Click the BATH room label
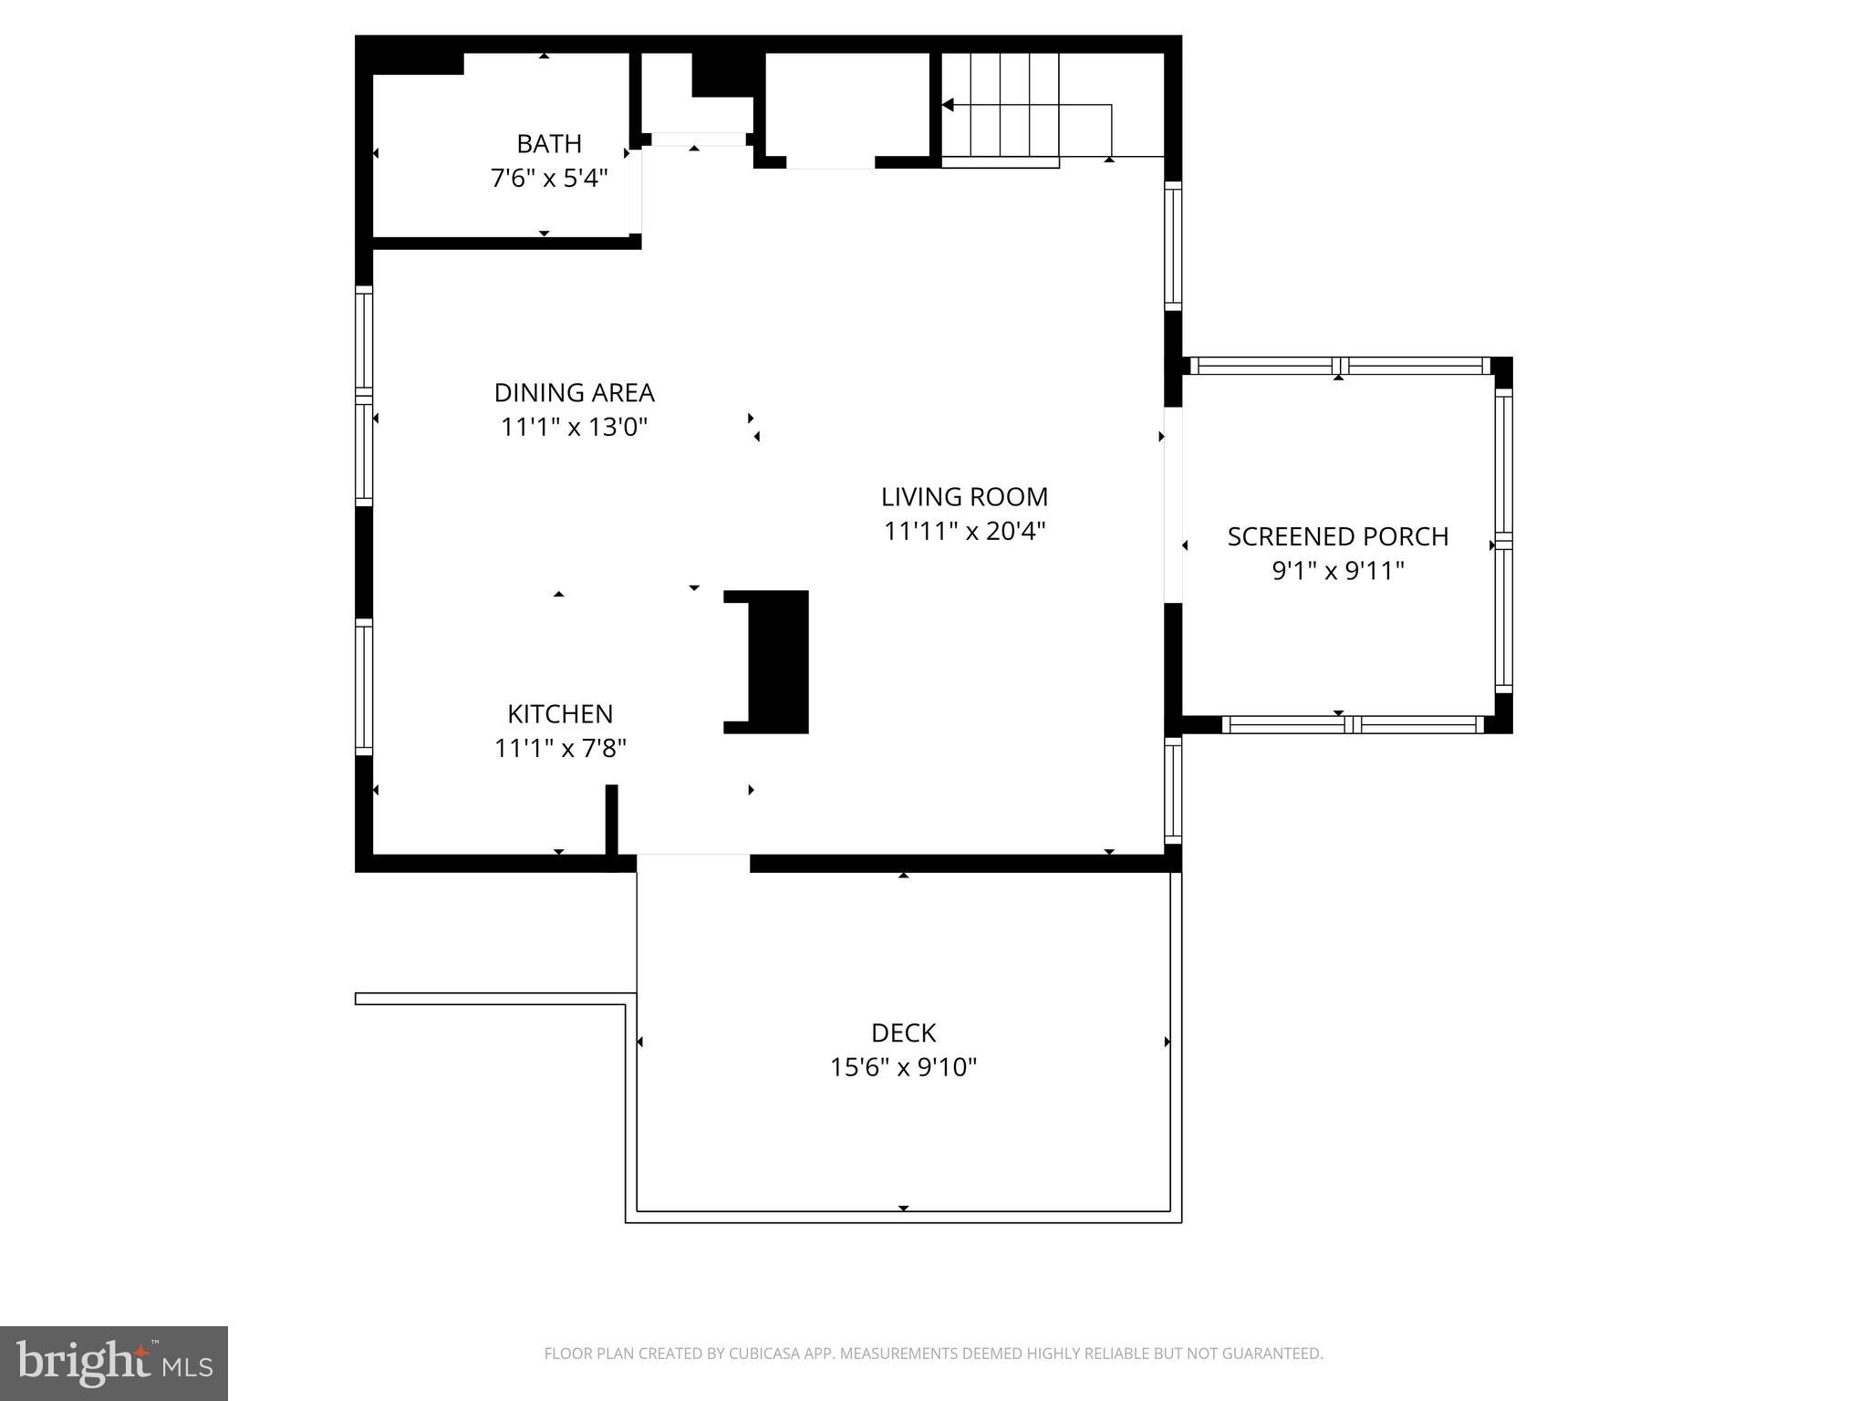pyautogui.click(x=548, y=144)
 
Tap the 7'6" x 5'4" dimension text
pyautogui.click(x=548, y=178)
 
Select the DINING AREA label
pyautogui.click(x=574, y=393)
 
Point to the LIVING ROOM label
pyautogui.click(x=964, y=497)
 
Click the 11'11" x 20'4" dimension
pyautogui.click(x=964, y=531)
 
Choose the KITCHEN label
pyautogui.click(x=560, y=714)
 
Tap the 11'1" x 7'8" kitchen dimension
pyautogui.click(x=560, y=749)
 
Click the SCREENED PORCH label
pyautogui.click(x=1337, y=537)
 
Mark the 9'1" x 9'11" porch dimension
pyautogui.click(x=1337, y=571)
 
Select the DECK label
pyautogui.click(x=903, y=1033)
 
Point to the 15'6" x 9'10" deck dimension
pyautogui.click(x=903, y=1067)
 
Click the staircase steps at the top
pyautogui.click(x=1000, y=105)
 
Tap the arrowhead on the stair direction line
pyautogui.click(x=948, y=106)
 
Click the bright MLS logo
pyautogui.click(x=114, y=1364)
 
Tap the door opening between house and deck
pyautogui.click(x=693, y=863)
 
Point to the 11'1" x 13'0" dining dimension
pyautogui.click(x=574, y=427)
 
